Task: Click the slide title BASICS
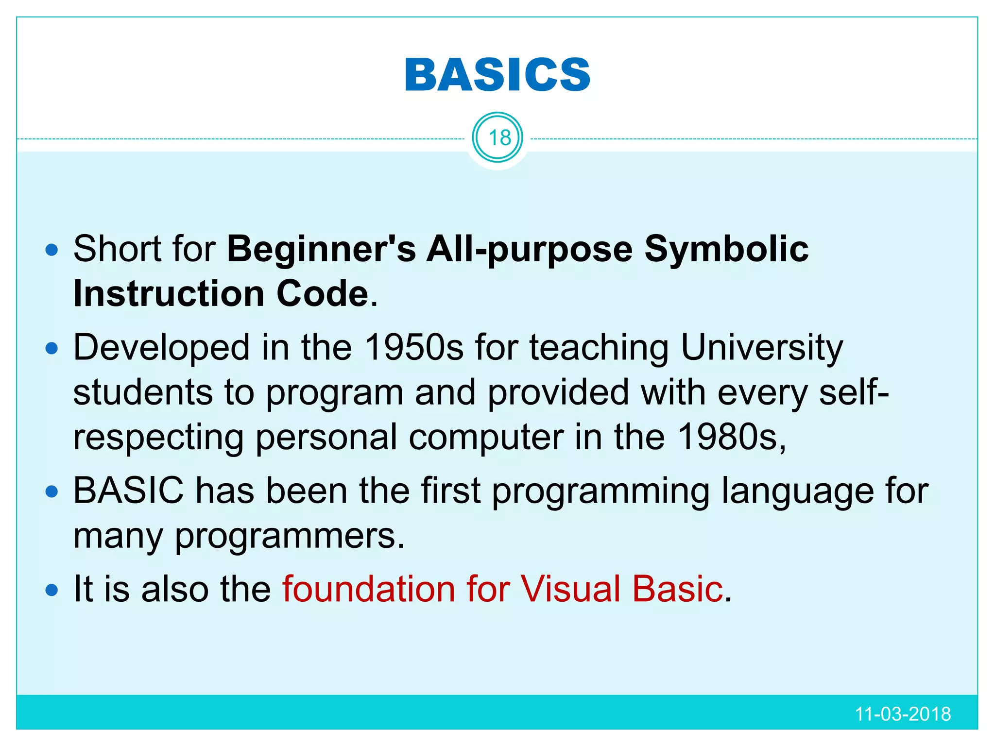[x=497, y=75]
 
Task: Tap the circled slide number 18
[x=498, y=138]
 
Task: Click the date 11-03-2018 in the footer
[x=902, y=714]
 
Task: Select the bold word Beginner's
[x=321, y=249]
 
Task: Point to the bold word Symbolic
[x=726, y=249]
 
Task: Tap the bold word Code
[x=323, y=294]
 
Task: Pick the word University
[x=761, y=348]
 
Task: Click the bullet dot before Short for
[x=51, y=251]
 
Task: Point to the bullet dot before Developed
[x=51, y=349]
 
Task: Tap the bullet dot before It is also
[x=51, y=591]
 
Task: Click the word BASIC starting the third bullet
[x=129, y=491]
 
